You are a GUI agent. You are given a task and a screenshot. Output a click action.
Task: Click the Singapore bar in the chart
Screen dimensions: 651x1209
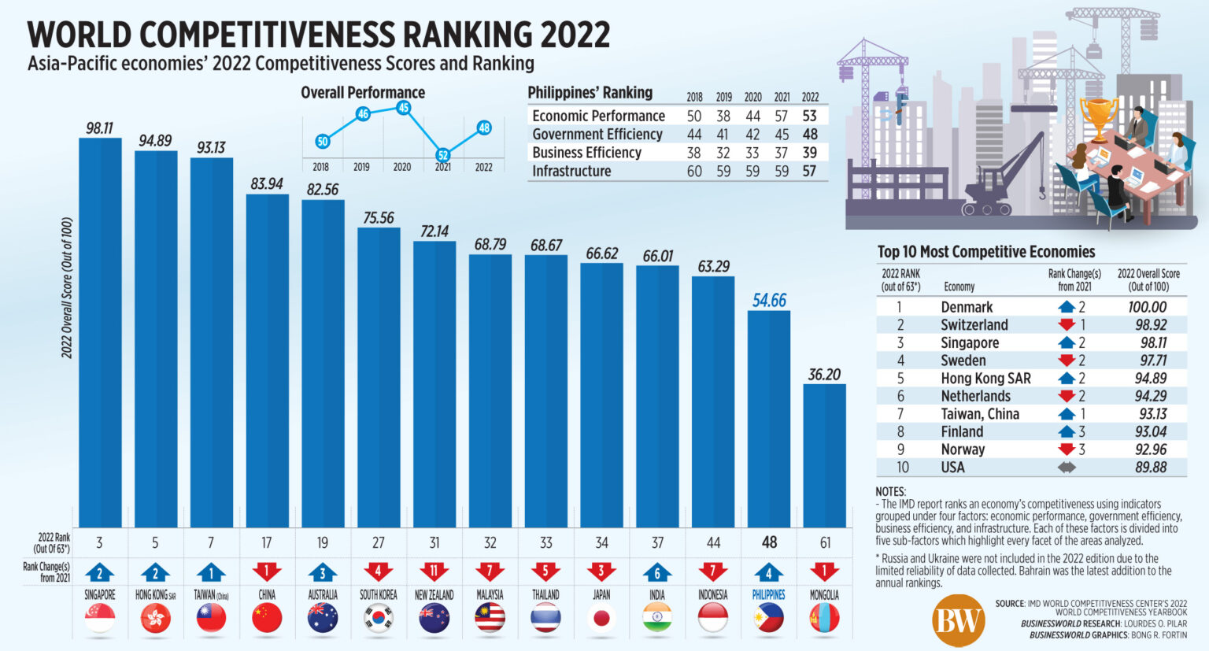[x=100, y=331]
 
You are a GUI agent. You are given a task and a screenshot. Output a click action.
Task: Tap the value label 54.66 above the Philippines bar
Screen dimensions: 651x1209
[x=769, y=300]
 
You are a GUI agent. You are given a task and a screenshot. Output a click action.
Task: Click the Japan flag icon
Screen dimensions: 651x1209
[x=601, y=619]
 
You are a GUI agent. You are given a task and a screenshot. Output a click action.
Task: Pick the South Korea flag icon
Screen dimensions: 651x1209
[x=379, y=619]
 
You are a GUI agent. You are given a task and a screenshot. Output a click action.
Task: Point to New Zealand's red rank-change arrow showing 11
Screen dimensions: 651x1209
[x=434, y=571]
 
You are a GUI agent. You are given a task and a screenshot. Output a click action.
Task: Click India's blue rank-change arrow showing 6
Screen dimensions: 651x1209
[x=657, y=571]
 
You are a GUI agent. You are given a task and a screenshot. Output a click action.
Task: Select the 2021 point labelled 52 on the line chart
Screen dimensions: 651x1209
[x=443, y=155]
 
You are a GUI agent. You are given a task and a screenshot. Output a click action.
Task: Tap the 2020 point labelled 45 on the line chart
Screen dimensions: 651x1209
[x=403, y=108]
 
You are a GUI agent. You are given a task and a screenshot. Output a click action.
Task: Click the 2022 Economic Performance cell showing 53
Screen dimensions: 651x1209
[x=809, y=116]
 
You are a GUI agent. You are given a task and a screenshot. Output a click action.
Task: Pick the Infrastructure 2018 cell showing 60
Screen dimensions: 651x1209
[x=694, y=171]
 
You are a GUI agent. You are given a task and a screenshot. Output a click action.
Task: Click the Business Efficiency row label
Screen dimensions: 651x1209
[x=586, y=153]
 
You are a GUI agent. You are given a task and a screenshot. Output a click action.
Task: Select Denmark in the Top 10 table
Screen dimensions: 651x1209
[x=967, y=307]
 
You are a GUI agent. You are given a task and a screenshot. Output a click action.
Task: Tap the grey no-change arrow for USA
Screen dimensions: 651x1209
[x=1067, y=467]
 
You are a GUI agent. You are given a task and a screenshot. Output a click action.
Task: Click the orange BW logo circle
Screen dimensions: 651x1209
[x=958, y=620]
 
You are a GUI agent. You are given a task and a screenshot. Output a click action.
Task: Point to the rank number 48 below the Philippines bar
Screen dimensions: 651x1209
[x=769, y=542]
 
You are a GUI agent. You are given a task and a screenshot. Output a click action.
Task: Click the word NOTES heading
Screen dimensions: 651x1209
[x=890, y=491]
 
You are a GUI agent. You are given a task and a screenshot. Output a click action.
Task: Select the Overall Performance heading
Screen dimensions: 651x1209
[x=363, y=92]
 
